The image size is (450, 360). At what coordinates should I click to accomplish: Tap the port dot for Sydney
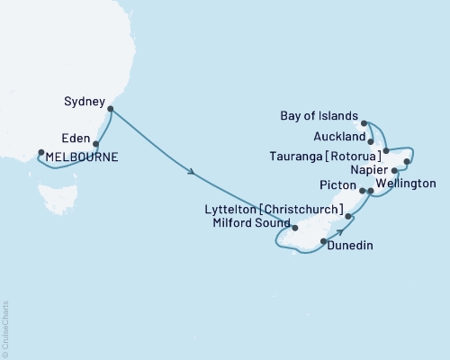point(110,110)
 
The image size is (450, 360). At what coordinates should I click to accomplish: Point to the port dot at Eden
point(95,142)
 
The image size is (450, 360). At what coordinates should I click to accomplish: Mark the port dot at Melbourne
point(39,152)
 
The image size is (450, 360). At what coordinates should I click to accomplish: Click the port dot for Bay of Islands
point(364,121)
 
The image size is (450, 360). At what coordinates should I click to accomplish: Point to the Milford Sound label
point(253,224)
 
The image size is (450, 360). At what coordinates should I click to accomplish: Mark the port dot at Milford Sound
point(294,228)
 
